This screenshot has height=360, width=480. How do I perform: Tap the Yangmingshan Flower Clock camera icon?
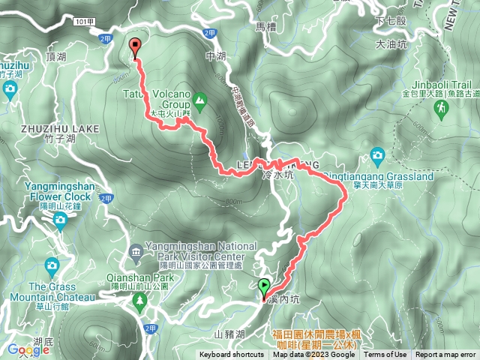click(59, 219)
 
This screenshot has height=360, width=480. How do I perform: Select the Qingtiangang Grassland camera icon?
click(377, 157)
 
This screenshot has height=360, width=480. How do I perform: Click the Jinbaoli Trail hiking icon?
click(441, 108)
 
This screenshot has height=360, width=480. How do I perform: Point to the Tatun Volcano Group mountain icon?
click(200, 99)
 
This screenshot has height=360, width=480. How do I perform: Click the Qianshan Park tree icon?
click(138, 300)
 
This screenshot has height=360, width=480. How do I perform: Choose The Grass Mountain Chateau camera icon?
click(52, 265)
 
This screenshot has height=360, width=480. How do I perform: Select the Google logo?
click(28, 349)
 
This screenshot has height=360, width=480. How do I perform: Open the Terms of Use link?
click(385, 355)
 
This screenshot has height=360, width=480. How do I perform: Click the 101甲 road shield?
click(85, 23)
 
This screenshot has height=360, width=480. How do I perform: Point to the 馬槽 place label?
click(267, 27)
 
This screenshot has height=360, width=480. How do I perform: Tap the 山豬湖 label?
click(229, 332)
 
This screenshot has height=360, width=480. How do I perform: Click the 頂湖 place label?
click(56, 55)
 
